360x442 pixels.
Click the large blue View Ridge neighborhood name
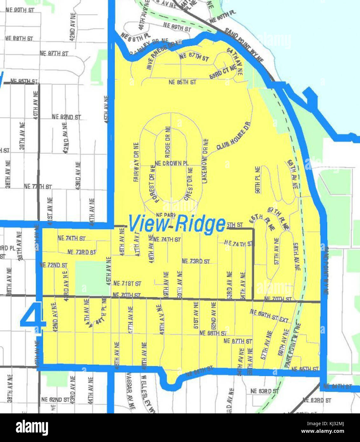[177, 224]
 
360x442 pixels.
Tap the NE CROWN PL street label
[171, 163]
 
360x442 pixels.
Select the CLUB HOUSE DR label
[234, 136]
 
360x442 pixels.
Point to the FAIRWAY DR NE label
[136, 162]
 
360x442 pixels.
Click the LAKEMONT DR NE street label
[205, 161]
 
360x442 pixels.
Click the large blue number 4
[33, 318]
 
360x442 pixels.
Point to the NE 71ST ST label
[127, 283]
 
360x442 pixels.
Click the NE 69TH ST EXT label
[269, 316]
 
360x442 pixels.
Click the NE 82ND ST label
[66, 117]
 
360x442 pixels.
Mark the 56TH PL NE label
[257, 180]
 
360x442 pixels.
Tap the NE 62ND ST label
[55, 399]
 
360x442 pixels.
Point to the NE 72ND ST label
[53, 265]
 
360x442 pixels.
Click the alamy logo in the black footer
[32, 427]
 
